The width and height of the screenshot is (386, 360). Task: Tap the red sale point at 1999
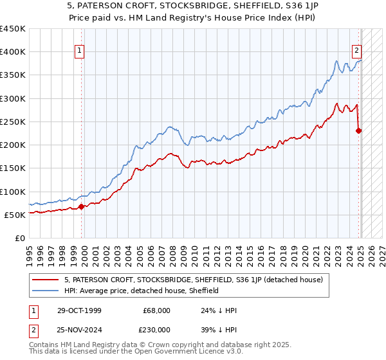pos(82,206)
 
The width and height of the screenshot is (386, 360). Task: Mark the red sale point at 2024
pos(359,130)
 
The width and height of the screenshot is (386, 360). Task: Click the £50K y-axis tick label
pos(16,215)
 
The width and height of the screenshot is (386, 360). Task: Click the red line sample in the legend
pos(46,280)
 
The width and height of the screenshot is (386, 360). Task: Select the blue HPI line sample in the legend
pos(46,291)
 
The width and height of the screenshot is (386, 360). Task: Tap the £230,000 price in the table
pos(156,329)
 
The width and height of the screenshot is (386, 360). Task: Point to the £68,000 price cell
pos(156,310)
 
